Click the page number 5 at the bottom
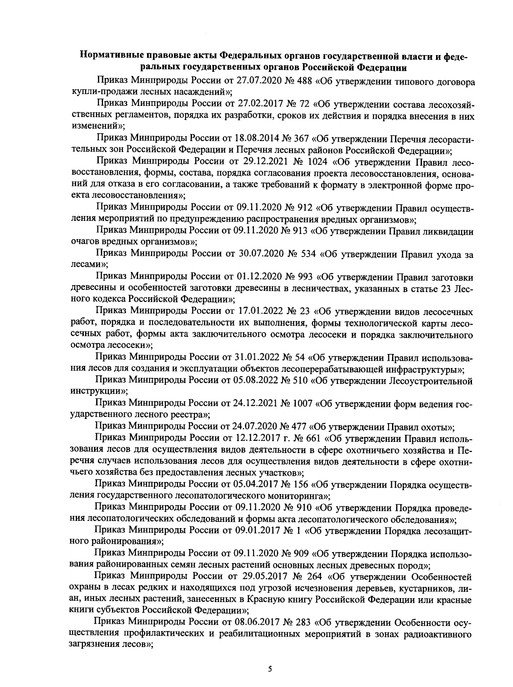click(270, 669)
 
